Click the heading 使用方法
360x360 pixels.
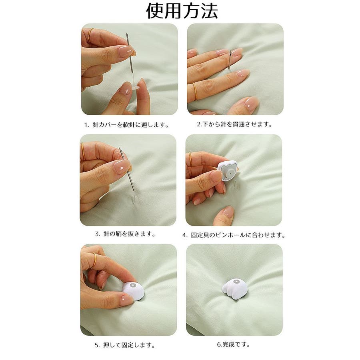coord(182,11)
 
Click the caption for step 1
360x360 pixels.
coord(126,125)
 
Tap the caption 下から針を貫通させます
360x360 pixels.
coord(234,124)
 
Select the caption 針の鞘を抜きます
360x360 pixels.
coord(125,234)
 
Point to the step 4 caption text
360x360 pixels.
coord(234,235)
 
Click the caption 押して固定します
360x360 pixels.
coord(125,345)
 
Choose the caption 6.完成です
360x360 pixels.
coord(234,344)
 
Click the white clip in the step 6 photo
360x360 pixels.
coord(234,289)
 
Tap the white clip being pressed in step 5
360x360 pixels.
coord(133,291)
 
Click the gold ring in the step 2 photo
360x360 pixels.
coord(195,91)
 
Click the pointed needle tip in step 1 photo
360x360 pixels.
coord(126,34)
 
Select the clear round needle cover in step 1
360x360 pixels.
coord(135,87)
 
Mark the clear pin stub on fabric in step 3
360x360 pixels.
coord(134,199)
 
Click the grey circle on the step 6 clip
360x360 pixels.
coord(236,282)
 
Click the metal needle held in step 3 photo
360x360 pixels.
coord(127,169)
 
